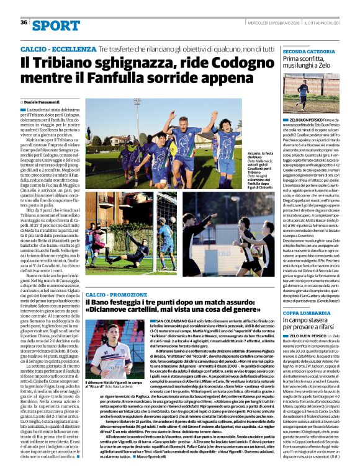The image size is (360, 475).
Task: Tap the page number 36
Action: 24,22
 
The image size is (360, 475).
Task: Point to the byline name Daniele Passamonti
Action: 45,101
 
